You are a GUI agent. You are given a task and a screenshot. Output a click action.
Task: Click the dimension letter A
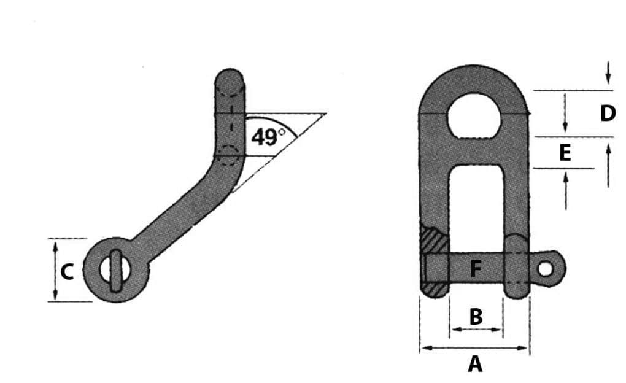pos(475,364)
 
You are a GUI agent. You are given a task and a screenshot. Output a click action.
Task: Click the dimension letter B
pos(476,317)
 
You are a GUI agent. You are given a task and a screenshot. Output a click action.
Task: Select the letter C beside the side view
pos(68,271)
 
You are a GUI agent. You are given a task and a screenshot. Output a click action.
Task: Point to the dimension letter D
pos(608,114)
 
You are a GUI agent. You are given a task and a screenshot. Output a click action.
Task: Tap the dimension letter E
pos(565,152)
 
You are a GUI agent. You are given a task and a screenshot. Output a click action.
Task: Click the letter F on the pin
pos(476,269)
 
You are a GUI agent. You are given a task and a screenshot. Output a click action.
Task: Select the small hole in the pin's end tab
pos(545,268)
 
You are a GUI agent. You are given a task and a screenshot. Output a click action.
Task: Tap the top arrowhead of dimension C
pos(55,244)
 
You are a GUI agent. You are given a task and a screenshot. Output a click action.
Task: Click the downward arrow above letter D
pos(608,80)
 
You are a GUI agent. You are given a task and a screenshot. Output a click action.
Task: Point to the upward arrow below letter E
pos(565,176)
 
